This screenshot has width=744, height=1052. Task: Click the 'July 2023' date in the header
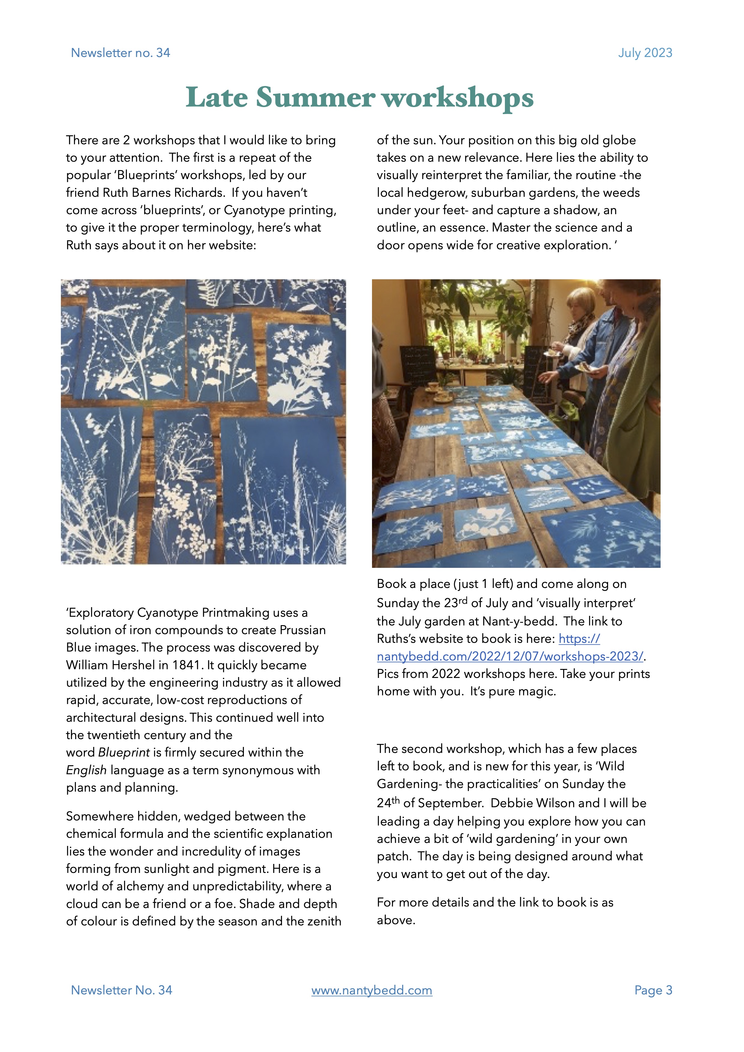click(645, 53)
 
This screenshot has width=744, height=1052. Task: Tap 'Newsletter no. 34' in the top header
click(121, 53)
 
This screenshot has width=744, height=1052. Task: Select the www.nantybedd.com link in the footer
click(371, 990)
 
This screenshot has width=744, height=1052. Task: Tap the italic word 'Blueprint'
click(124, 752)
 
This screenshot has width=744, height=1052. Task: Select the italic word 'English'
click(86, 770)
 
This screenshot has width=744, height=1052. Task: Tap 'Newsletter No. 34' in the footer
click(121, 990)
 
